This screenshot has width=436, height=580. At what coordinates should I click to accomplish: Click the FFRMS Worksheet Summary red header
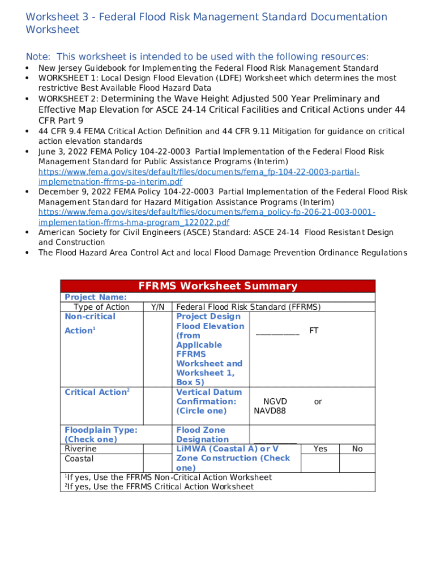(217, 286)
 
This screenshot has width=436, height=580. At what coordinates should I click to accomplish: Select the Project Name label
(96, 297)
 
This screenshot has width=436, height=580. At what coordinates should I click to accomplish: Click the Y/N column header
(158, 307)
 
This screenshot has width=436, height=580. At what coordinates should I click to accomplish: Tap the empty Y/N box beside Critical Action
(158, 405)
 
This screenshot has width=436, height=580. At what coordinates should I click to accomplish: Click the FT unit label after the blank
(314, 330)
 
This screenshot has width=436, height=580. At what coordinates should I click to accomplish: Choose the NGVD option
(275, 402)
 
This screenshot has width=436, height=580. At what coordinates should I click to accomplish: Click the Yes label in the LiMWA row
(320, 449)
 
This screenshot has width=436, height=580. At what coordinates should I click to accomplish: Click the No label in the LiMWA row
(357, 449)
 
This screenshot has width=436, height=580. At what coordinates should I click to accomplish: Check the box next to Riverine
(158, 449)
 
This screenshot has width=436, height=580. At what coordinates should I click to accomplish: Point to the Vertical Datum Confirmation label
(209, 401)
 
